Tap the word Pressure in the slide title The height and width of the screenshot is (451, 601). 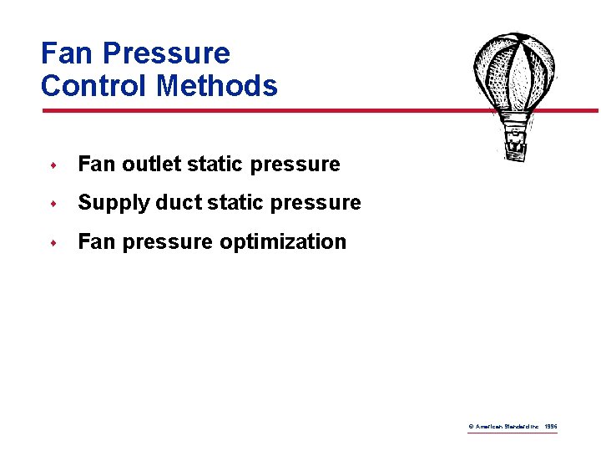pos(166,53)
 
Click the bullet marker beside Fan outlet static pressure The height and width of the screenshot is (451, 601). pos(53,165)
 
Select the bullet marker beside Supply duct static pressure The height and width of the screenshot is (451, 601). pos(53,204)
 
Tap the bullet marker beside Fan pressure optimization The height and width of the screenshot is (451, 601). pos(53,243)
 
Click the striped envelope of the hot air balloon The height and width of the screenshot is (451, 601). pos(513,71)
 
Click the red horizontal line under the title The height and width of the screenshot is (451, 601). pos(250,109)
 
